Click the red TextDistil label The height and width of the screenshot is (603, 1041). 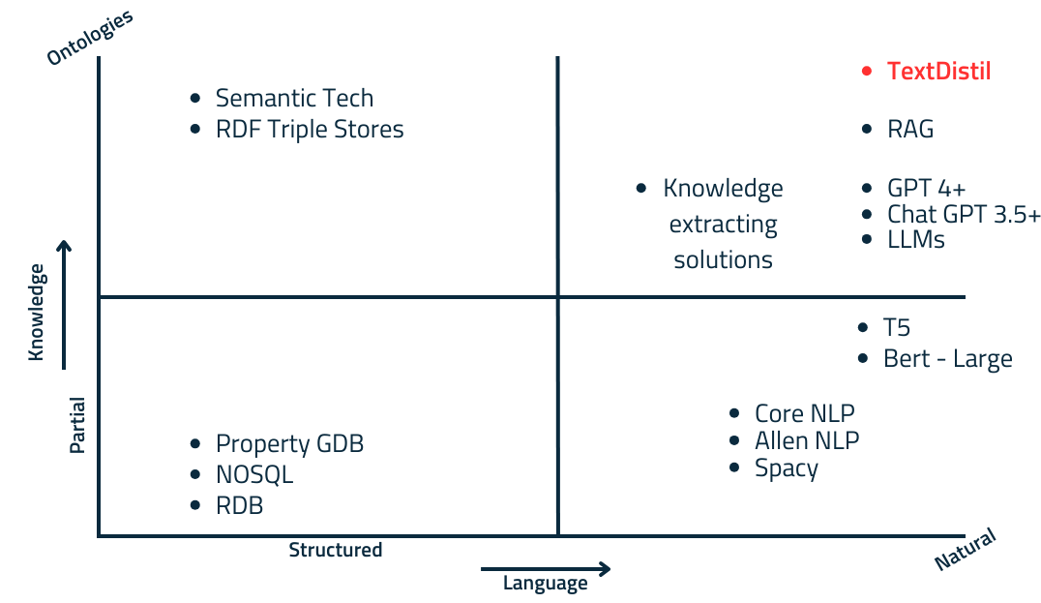[x=938, y=71]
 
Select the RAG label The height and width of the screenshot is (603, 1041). [x=910, y=129]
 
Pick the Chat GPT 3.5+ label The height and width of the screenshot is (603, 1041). [x=964, y=214]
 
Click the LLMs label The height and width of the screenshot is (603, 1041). [x=916, y=239]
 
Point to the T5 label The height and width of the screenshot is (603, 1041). [x=897, y=328]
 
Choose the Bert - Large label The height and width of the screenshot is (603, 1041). [x=947, y=359]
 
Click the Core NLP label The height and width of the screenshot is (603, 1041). [x=805, y=413]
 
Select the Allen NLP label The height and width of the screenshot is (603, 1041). [x=807, y=440]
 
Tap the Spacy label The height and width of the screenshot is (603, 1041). [x=787, y=468]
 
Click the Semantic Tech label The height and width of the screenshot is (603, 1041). [x=294, y=98]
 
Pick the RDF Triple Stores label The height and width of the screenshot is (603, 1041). [x=310, y=129]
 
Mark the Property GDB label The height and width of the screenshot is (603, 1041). [x=289, y=444]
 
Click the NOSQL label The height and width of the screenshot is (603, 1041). [x=254, y=475]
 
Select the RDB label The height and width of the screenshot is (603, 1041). [x=239, y=505]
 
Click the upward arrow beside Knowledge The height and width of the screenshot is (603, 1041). [x=65, y=305]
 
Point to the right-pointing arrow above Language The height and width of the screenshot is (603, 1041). [x=546, y=568]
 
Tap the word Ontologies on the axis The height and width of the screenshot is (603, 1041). [x=89, y=38]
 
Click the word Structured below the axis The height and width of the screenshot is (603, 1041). [x=336, y=551]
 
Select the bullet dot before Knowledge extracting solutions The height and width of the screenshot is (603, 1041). [x=641, y=188]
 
